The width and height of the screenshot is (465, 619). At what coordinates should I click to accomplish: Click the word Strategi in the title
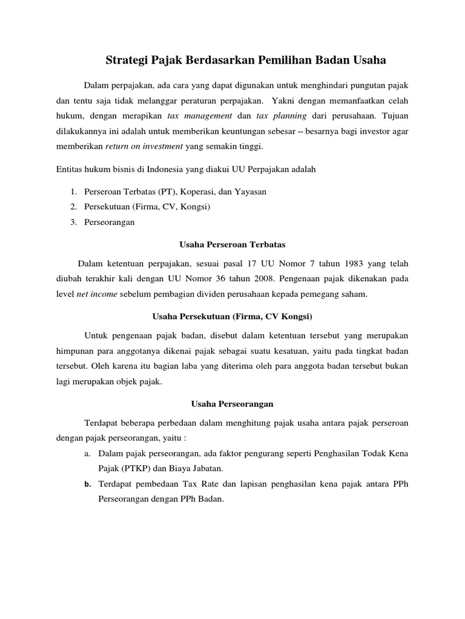127,60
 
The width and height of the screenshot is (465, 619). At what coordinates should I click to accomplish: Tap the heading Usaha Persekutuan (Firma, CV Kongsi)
232,317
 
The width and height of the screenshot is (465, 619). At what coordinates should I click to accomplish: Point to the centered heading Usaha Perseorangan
232,404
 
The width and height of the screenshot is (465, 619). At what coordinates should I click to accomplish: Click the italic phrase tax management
199,115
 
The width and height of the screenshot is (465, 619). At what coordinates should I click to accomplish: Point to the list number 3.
72,222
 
